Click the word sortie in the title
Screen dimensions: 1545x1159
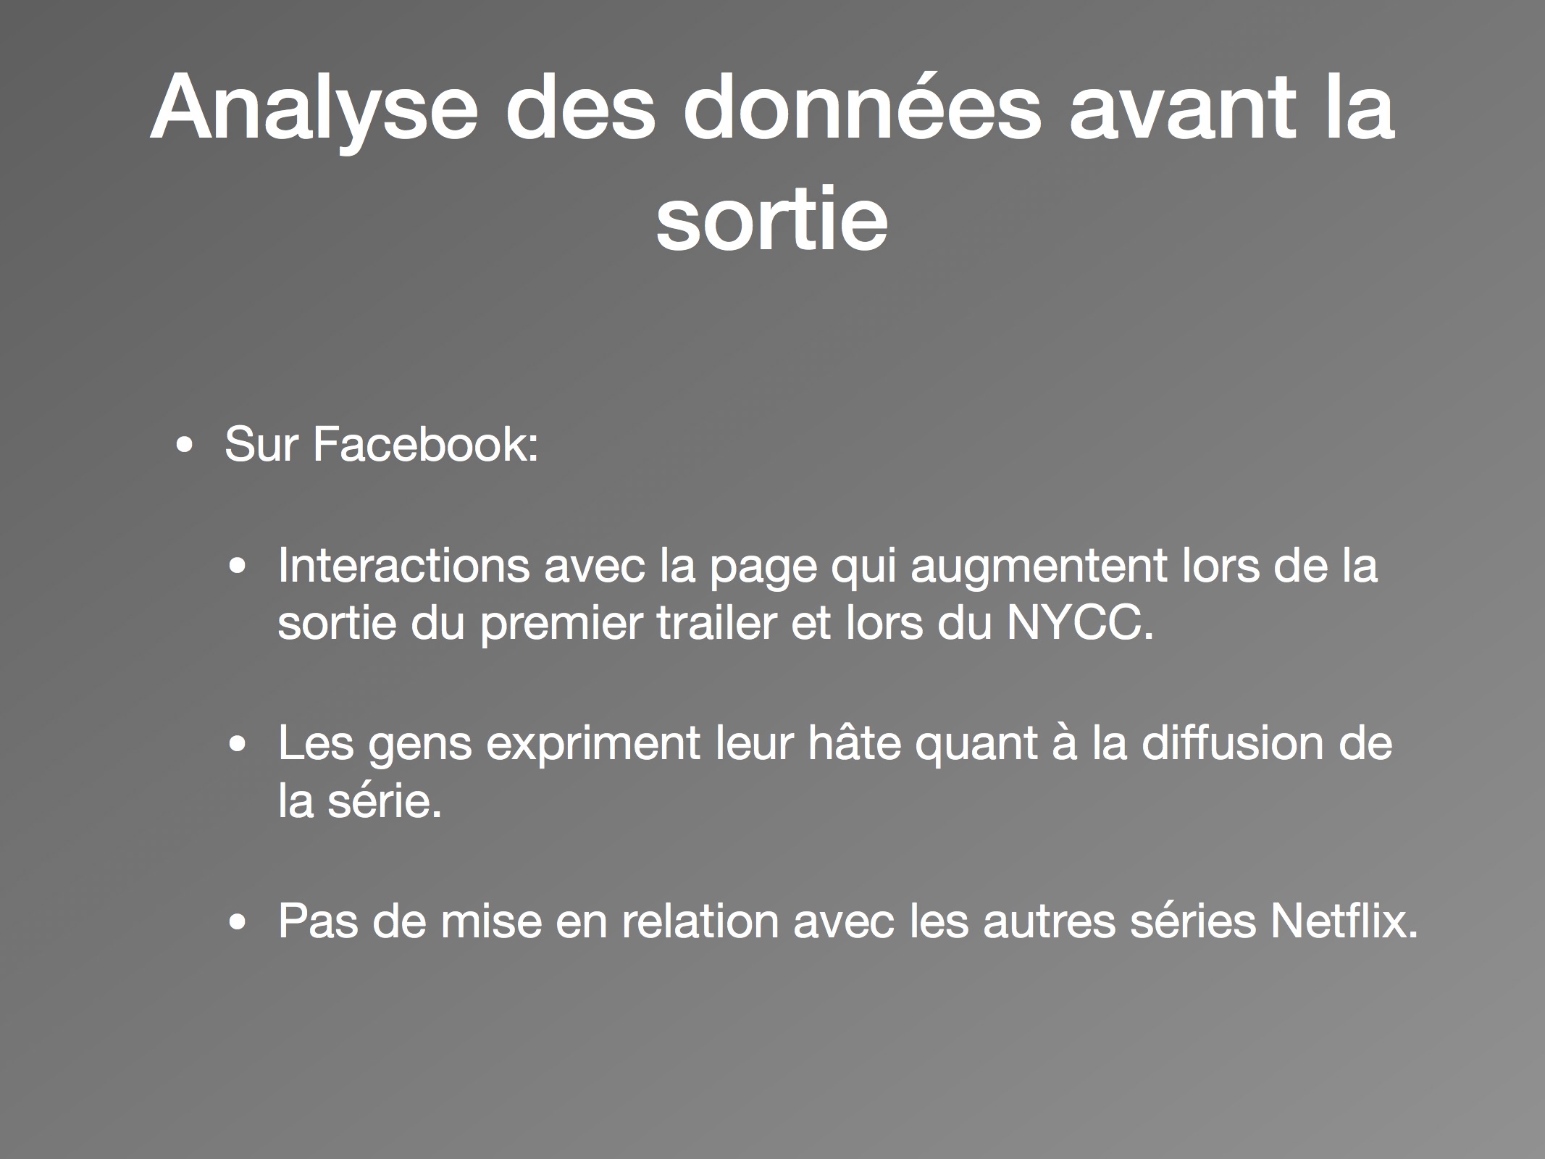pos(772,217)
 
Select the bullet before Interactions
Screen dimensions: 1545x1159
pos(238,569)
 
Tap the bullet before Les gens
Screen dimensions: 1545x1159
pos(238,746)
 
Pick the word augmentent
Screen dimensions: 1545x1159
pos(1038,566)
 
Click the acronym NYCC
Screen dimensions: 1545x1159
pos(1079,623)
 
